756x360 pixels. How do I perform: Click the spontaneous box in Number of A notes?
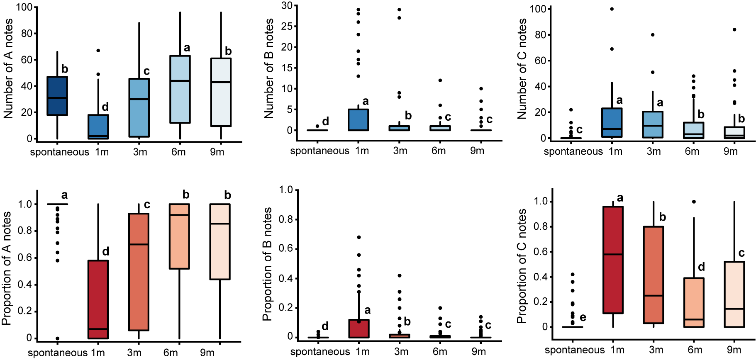[57, 96]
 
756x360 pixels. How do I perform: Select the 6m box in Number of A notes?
[180, 89]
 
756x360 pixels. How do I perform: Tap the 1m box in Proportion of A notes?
[98, 299]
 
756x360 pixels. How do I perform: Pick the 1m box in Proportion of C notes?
[613, 260]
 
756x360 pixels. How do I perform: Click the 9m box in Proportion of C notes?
[734, 294]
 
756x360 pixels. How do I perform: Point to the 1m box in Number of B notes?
[358, 120]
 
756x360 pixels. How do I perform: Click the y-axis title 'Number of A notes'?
[8, 68]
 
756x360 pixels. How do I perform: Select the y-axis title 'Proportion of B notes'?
[267, 264]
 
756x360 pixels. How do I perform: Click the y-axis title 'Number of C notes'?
[522, 68]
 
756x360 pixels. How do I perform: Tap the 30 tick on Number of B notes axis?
[287, 6]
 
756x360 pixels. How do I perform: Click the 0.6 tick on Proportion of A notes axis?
[24, 258]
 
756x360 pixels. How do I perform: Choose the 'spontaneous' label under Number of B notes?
[319, 151]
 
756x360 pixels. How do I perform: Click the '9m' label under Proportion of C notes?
[734, 350]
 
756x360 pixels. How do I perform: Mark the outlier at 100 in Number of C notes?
[612, 9]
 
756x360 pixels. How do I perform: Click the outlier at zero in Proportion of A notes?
[58, 338]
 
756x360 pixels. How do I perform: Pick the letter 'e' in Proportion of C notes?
[583, 318]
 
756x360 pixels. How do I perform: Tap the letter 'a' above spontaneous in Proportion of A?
[64, 195]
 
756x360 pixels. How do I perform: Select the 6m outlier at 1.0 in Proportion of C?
[694, 202]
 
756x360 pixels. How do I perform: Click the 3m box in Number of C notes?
[653, 124]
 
